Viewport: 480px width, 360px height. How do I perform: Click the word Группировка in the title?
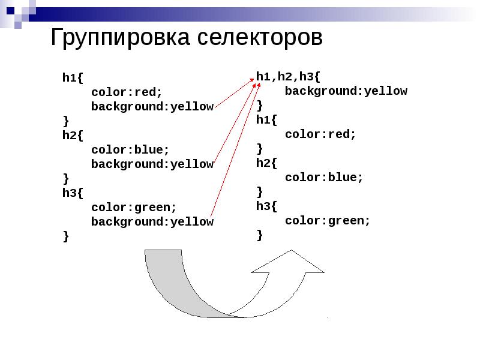119,38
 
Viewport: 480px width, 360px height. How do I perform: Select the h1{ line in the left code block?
73,77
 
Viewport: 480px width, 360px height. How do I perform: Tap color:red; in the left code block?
127,92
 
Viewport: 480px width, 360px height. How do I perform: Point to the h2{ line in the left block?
73,135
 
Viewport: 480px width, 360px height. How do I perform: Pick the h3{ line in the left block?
73,193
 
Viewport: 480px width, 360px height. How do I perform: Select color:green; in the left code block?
134,207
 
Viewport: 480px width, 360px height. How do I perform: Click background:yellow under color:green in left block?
152,222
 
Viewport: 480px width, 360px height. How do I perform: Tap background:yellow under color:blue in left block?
152,164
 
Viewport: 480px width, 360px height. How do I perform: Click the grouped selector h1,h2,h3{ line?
288,76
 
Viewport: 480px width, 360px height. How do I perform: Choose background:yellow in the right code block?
346,91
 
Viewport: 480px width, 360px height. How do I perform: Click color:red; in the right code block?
320,134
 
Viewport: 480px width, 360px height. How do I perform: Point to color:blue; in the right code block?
324,178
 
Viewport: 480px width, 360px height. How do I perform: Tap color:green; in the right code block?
328,221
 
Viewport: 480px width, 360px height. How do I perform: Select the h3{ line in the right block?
266,206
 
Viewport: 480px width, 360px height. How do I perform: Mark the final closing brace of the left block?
65,236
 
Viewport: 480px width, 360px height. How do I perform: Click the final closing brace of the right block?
259,235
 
